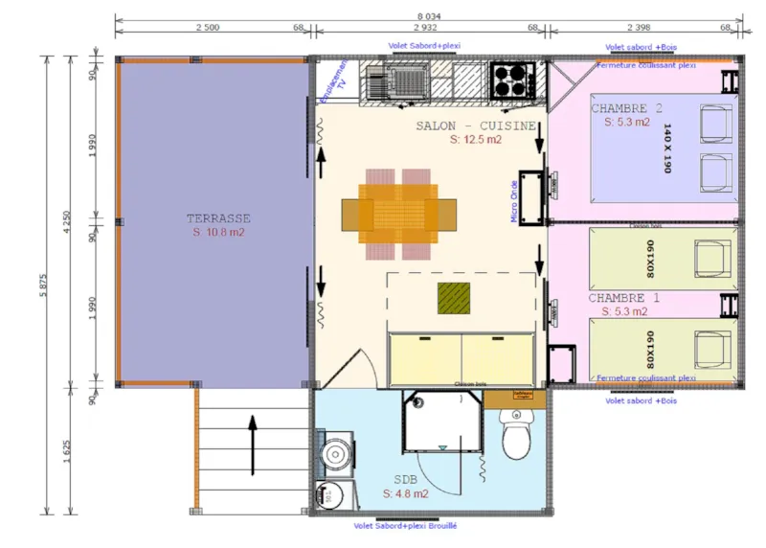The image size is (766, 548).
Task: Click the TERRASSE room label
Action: [x=217, y=218]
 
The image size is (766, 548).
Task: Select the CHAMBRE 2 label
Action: [x=627, y=107]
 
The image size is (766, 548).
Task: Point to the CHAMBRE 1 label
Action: [x=624, y=298]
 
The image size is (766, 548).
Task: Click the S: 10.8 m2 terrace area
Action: [x=217, y=233]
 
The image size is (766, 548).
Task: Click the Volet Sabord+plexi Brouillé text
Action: [x=405, y=526]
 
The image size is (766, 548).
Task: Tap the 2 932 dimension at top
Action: [x=428, y=29]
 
